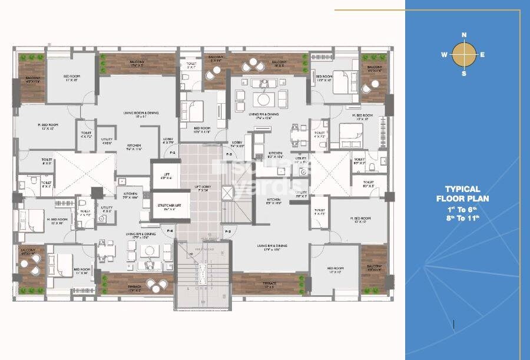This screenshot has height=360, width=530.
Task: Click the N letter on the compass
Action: tap(464, 35)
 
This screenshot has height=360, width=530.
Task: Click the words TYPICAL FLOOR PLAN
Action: tap(462, 194)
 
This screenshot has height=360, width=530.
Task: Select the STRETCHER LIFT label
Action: tap(165, 207)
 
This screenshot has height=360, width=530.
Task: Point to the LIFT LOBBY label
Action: tap(201, 189)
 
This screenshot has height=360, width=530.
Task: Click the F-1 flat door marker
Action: tap(173, 152)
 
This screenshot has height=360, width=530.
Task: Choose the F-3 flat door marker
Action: tap(227, 232)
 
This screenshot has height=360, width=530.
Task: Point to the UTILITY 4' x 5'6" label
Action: tap(107, 141)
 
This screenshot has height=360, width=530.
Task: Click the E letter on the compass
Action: tap(482, 55)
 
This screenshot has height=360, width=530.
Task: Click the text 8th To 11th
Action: tap(462, 217)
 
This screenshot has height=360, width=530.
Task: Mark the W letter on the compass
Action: tap(444, 55)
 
